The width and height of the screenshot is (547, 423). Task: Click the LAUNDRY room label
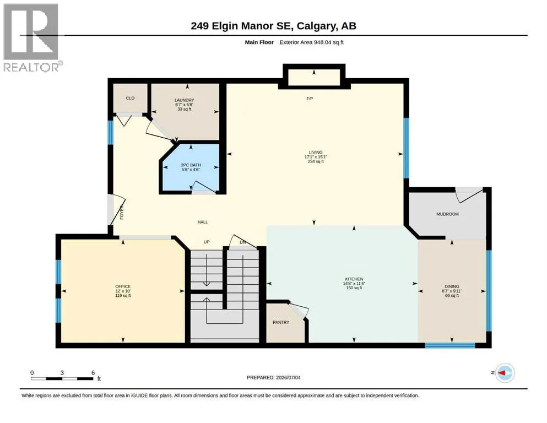pos(184,100)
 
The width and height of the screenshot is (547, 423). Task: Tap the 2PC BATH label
pos(191,165)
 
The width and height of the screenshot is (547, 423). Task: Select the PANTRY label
pos(281,322)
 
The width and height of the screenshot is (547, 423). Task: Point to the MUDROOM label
pos(448,214)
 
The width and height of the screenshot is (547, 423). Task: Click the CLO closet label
pos(130,98)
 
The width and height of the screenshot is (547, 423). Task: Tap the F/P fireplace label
pos(310,99)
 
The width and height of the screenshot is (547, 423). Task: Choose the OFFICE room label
pos(123,286)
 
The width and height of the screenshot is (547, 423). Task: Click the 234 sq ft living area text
pos(316,161)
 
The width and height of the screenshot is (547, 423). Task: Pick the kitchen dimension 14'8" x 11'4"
pos(354,284)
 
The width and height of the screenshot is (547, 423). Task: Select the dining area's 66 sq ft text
pos(452,295)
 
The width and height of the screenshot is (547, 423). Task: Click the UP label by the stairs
pos(207,242)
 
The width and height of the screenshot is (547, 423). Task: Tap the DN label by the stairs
pos(243,242)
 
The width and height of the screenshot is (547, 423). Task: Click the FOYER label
pos(122,213)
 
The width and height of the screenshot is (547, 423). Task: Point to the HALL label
pos(203,222)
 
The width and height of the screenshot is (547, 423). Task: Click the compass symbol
pos(505,373)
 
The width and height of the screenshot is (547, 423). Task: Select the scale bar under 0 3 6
pos(62,378)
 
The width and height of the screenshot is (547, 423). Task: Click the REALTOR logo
pos(32,37)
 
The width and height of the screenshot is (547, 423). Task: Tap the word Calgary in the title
pos(317,26)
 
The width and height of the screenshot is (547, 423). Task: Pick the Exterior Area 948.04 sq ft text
pos(312,42)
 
